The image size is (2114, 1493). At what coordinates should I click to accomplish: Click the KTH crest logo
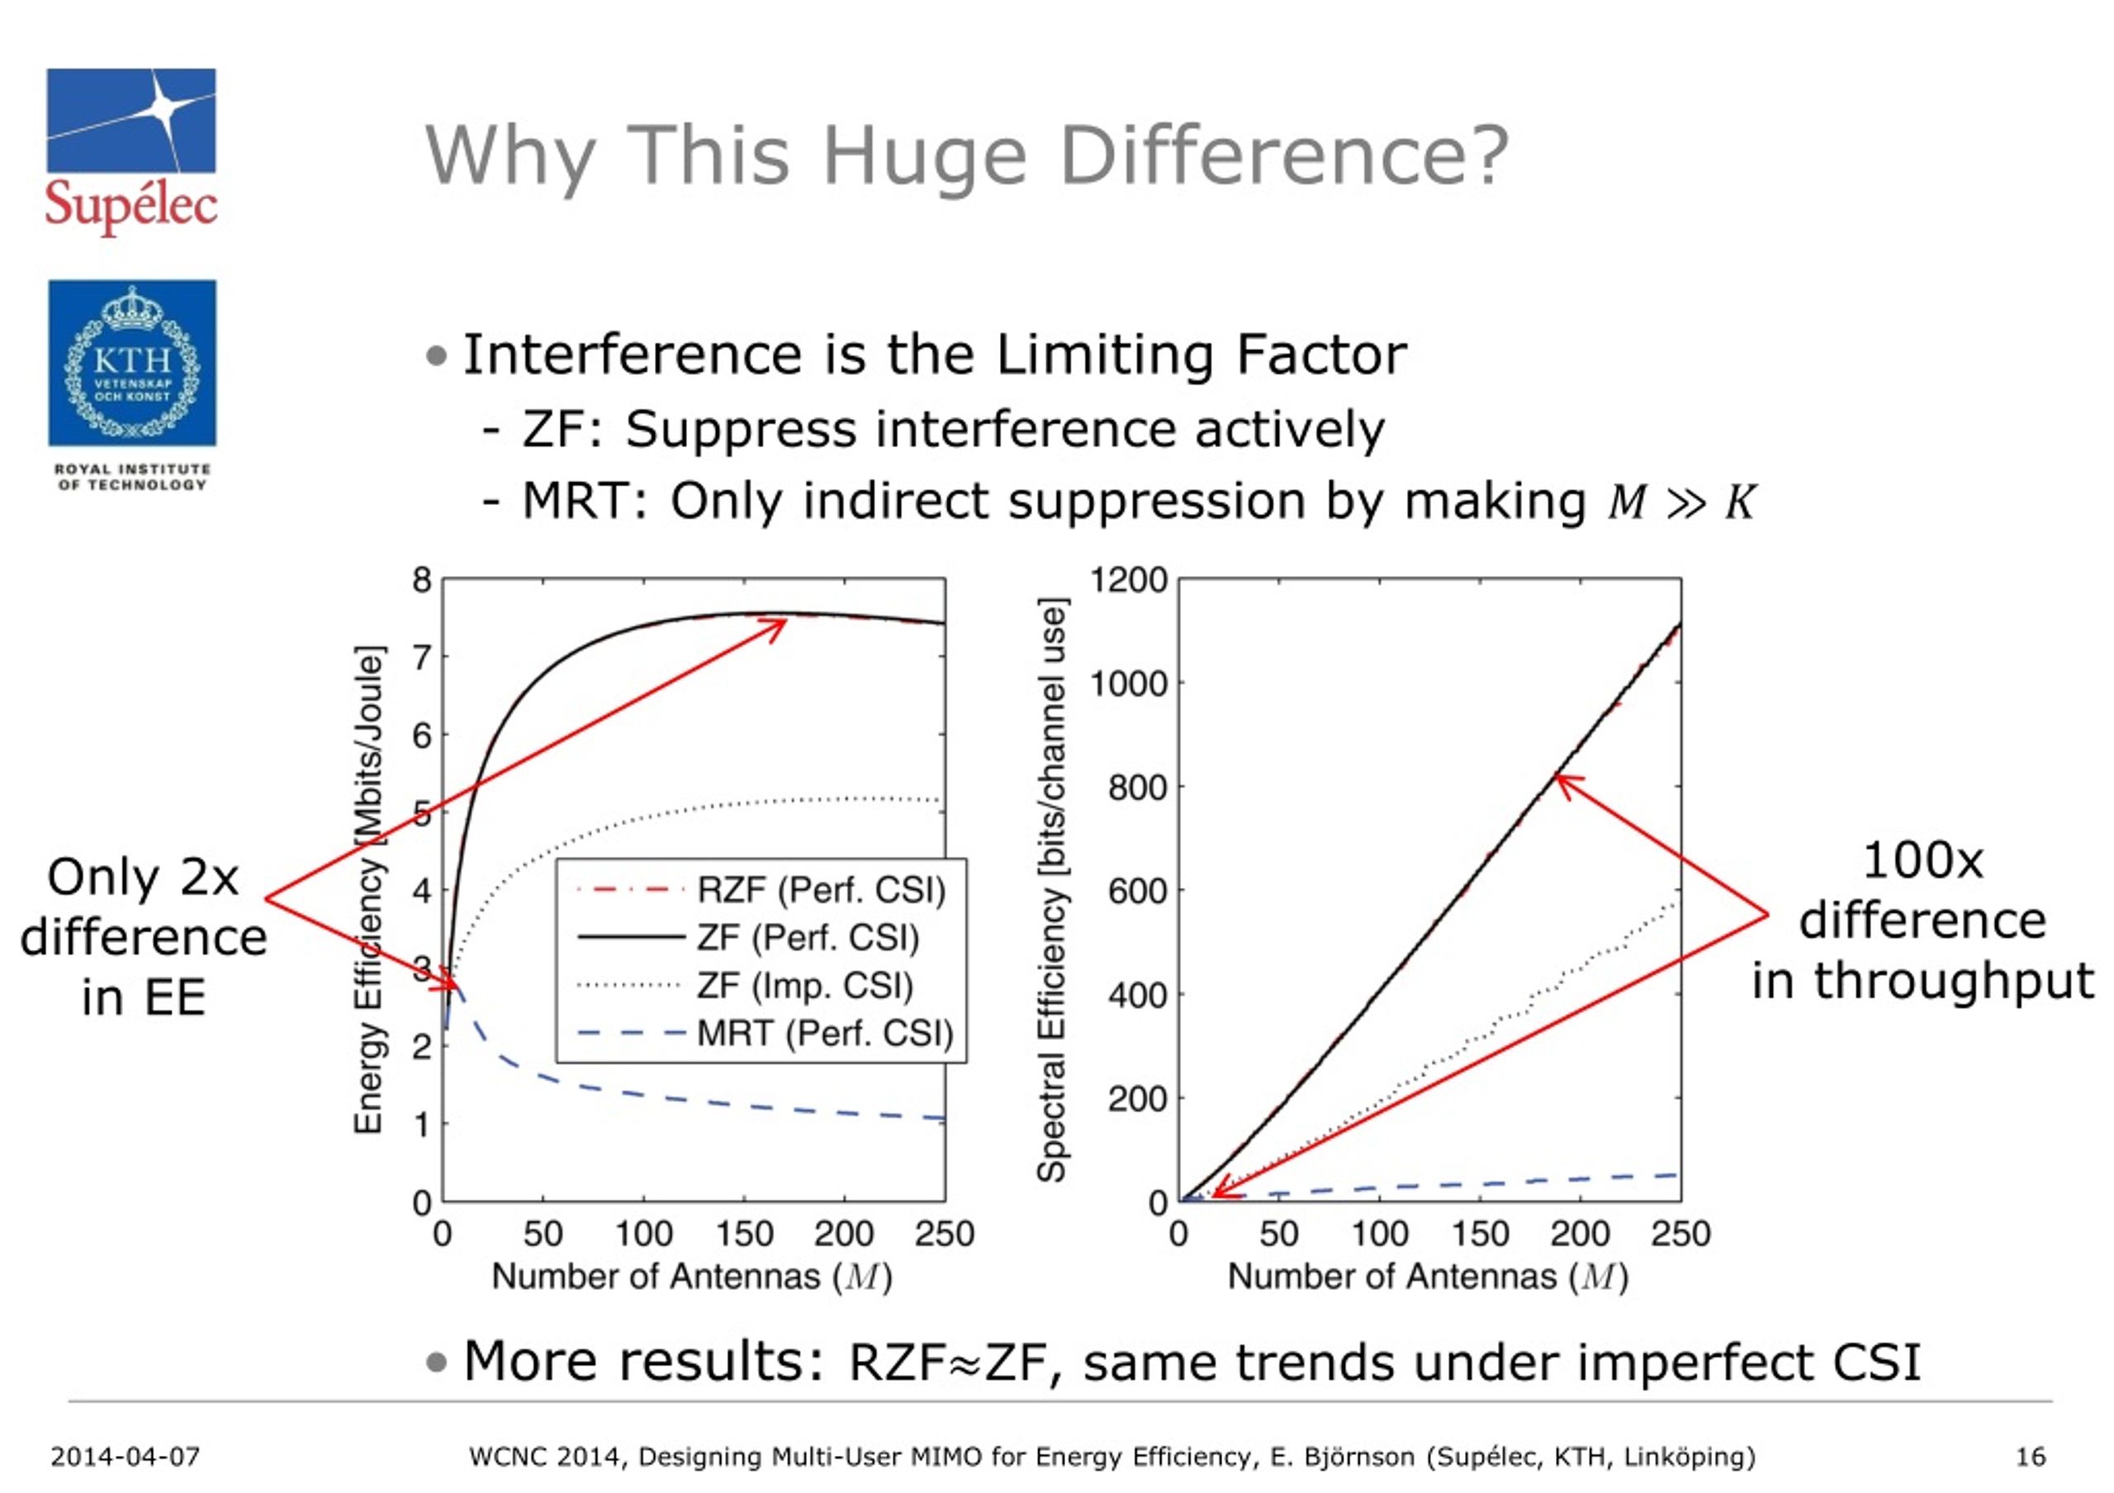tap(131, 364)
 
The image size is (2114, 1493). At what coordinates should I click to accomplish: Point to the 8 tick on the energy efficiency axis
tap(423, 580)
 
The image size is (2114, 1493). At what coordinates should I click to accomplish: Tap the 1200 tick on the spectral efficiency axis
tap(1129, 580)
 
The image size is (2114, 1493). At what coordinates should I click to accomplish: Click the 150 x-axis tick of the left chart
tap(744, 1233)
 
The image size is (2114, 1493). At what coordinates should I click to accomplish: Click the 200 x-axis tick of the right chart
tap(1580, 1233)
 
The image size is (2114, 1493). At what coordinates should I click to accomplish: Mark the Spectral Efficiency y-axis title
tap(1051, 889)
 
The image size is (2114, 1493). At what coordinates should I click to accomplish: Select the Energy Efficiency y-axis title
tap(368, 889)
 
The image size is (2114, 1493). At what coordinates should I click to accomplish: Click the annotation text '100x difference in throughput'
tap(1922, 920)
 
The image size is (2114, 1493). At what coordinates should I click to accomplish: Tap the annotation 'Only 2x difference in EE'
tap(144, 936)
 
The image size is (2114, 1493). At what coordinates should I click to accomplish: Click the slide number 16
tap(2031, 1458)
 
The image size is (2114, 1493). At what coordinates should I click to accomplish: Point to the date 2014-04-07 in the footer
tap(126, 1458)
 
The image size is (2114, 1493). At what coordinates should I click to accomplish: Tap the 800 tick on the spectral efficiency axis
tap(1138, 788)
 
